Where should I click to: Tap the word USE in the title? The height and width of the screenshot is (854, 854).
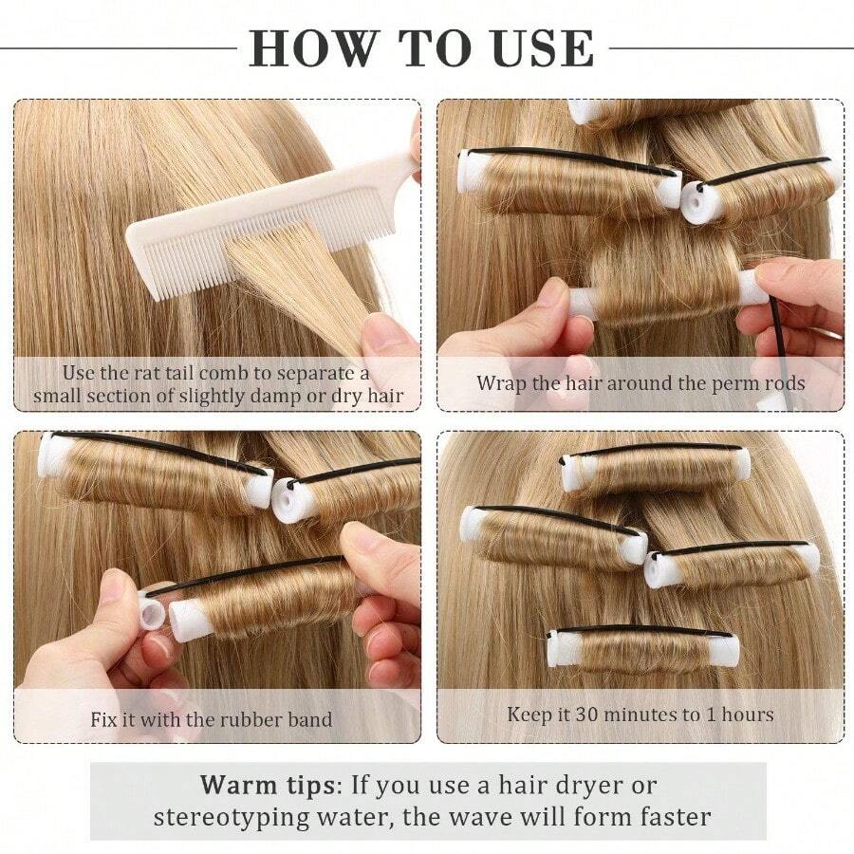click(538, 47)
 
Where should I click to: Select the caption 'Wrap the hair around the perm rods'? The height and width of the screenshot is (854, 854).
click(640, 383)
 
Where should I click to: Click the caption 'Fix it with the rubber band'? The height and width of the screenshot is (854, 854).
click(212, 718)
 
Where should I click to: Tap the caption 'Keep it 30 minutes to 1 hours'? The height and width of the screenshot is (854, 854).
click(640, 714)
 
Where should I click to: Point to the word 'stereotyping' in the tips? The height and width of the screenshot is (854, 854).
click(227, 816)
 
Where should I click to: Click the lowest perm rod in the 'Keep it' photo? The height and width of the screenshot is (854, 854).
click(642, 648)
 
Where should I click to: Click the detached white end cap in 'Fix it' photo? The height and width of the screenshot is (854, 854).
click(153, 611)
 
